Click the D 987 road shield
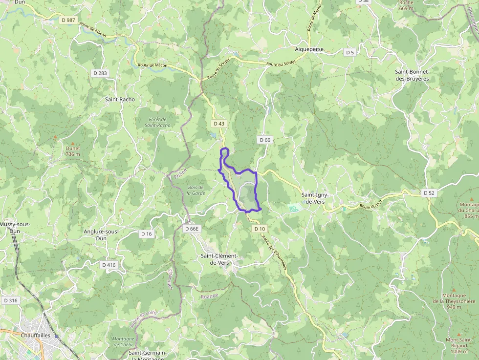pos(69,20)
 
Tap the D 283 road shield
pos(100,73)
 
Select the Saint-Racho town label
pos(120,99)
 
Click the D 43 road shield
pos(218,124)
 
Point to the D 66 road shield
pos(264,140)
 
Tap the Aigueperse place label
pos(309,49)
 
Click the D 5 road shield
pos(349,52)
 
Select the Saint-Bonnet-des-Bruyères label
pos(412,75)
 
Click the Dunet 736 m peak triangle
pos(73,143)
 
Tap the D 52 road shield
pos(429,193)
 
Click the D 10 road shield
pos(260,229)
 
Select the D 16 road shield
pos(147,234)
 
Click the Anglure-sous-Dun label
pos(102,235)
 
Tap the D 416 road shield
pos(109,265)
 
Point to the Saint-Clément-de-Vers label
pos(219,259)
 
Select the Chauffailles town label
pos(36,336)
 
